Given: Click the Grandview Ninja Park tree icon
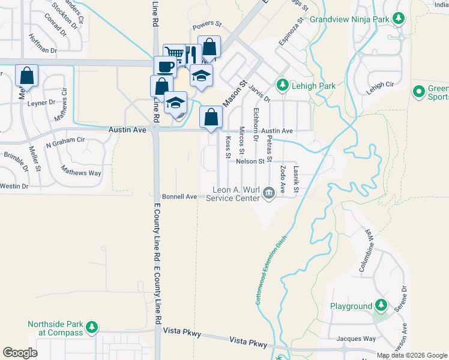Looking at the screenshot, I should pyautogui.click(x=398, y=19).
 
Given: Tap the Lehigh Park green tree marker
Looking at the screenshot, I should pyautogui.click(x=282, y=86).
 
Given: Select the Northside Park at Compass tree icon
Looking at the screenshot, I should pyautogui.click(x=91, y=328).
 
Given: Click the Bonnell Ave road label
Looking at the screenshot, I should pyautogui.click(x=179, y=197).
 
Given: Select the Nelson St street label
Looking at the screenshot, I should pyautogui.click(x=250, y=161).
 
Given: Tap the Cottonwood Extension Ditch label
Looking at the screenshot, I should pyautogui.click(x=271, y=269).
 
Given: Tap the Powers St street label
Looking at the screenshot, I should pyautogui.click(x=207, y=27).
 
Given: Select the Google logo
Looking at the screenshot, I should pyautogui.click(x=20, y=353).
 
